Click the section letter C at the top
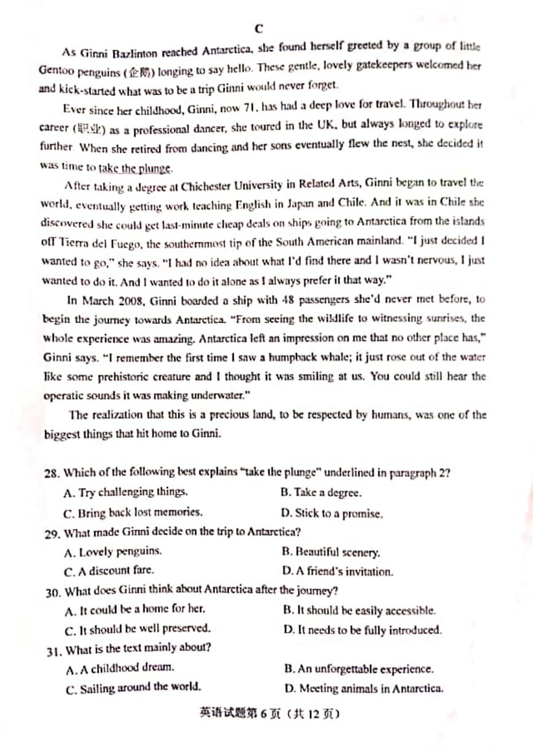(258, 28)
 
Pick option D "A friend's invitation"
(338, 571)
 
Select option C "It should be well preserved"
(138, 629)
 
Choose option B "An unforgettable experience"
(359, 669)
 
